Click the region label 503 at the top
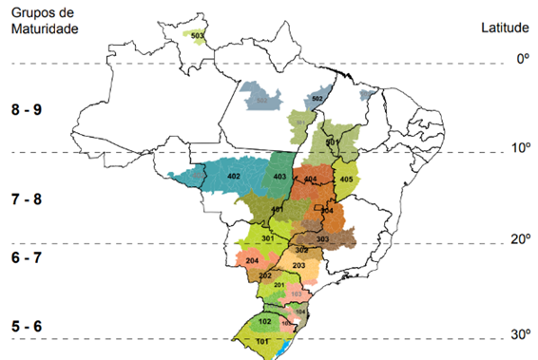coord(197,36)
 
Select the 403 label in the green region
coord(279,178)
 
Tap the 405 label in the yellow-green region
coord(346,180)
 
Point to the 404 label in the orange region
coord(310,179)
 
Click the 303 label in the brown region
coord(322,238)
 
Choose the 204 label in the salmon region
coord(252,260)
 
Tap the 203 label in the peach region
coord(298,265)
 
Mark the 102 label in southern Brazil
coord(264,321)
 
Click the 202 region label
coord(265,275)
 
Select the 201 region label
coord(279,285)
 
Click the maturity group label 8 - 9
coord(27,110)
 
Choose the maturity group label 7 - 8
coord(27,200)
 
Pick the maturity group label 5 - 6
coord(27,326)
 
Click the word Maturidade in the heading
coord(43,28)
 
